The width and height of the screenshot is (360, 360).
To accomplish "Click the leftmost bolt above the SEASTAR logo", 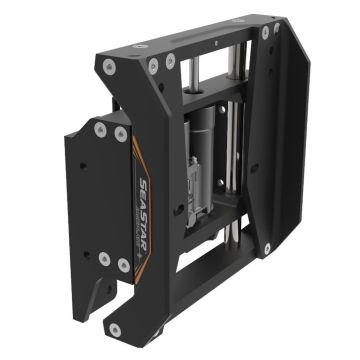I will [x=100, y=129].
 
